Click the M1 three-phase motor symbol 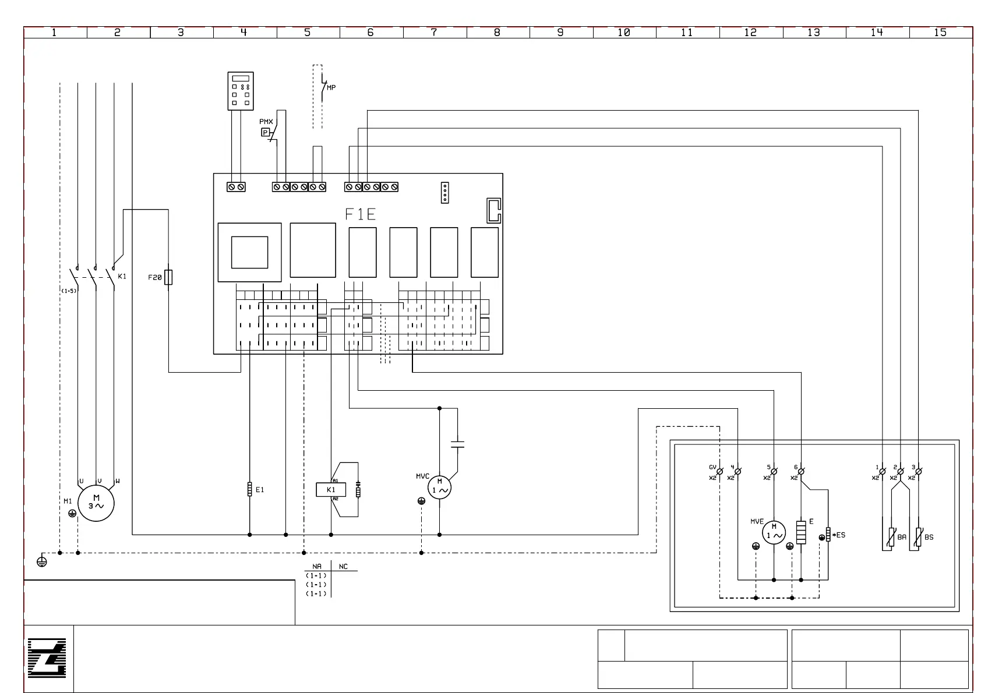[x=96, y=503]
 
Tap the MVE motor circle [x=774, y=532]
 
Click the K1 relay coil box [x=331, y=490]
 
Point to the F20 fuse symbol [x=168, y=277]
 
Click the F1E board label [x=361, y=215]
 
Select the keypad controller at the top [x=241, y=91]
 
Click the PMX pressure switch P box [x=266, y=133]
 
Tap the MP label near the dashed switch [x=331, y=88]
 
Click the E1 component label [x=260, y=490]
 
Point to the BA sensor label [x=902, y=538]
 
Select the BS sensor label [x=929, y=538]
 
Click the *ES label [x=839, y=535]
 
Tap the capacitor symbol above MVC [x=458, y=445]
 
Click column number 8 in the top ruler [x=497, y=33]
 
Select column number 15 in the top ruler [x=940, y=33]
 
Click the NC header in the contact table [x=344, y=567]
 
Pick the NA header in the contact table [x=317, y=567]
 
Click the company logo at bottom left [x=47, y=658]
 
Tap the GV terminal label [x=712, y=467]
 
